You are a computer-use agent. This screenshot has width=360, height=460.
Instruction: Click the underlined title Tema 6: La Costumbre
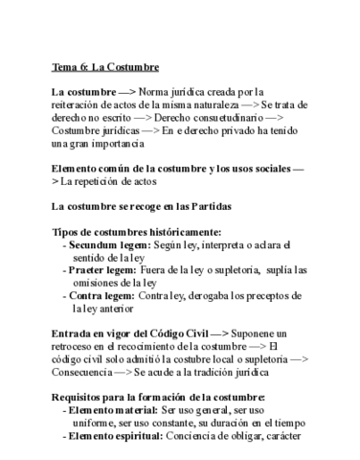[x=105, y=67]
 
